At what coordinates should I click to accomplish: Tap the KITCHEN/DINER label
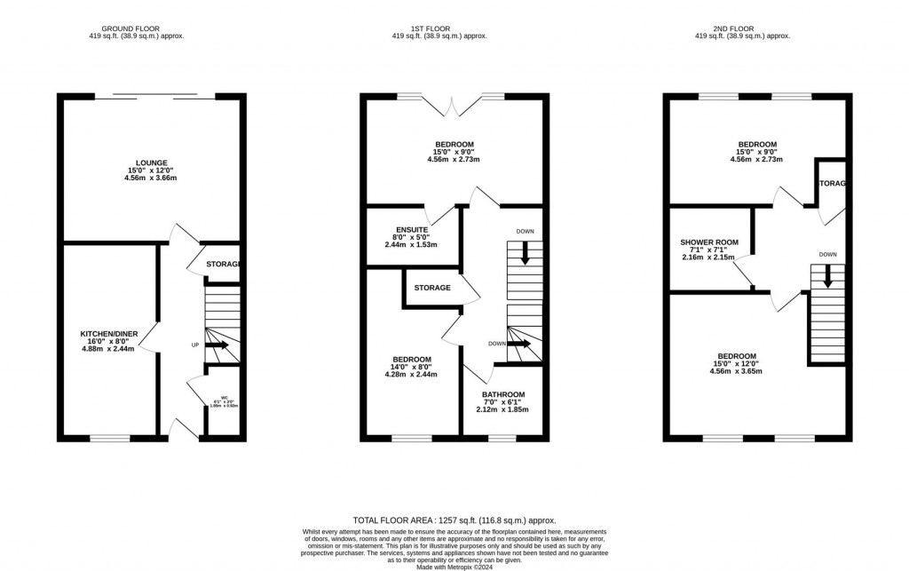[107, 334]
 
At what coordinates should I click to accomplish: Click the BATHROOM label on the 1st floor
[502, 394]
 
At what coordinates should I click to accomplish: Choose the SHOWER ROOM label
[708, 242]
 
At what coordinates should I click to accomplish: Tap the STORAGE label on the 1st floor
[432, 288]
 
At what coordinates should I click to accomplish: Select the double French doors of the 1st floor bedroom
[454, 105]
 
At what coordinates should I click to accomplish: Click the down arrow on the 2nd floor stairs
[827, 278]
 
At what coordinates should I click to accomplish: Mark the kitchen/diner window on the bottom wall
[110, 438]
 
